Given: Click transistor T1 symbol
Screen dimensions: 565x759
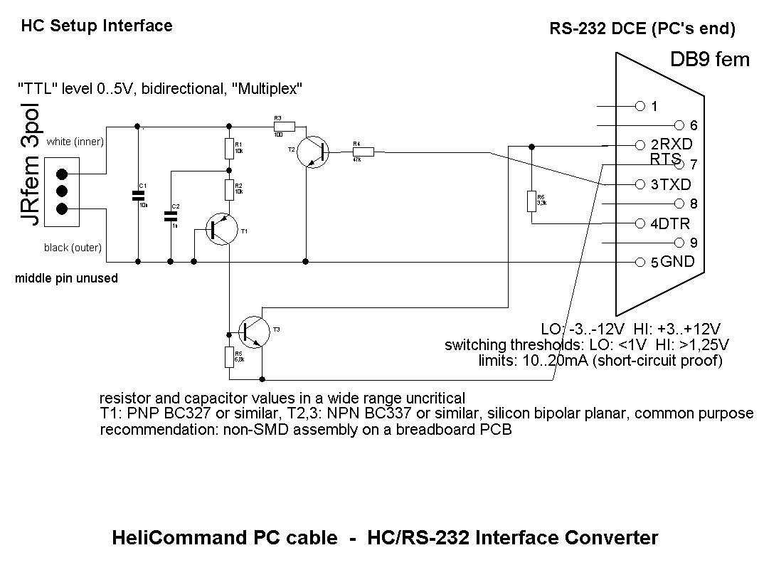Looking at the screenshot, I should pos(221,228).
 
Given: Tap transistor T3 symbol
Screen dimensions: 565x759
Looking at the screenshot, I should pos(255,332).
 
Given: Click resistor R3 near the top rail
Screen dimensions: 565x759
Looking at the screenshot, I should pos(283,125).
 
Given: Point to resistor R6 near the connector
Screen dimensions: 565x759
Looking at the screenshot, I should pos(531,201).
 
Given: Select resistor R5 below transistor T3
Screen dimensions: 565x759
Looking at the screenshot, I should pos(229,356).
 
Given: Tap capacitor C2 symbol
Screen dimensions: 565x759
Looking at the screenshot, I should pos(171,216).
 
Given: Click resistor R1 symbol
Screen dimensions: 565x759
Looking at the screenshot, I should pos(229,149).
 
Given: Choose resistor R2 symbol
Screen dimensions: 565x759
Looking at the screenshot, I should pos(229,189).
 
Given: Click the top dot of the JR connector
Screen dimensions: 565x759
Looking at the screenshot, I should pos(62,174).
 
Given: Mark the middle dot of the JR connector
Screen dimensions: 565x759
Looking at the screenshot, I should pos(62,191).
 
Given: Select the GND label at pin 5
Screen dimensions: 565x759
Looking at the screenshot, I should pos(677,262).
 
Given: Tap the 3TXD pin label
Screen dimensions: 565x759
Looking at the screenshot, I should pos(670,184).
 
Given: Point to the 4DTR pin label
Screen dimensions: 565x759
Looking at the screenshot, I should pos(670,223).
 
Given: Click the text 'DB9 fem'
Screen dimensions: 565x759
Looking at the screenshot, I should pos(709,60).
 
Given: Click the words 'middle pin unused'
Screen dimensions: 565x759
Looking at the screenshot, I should pos(66,279).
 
